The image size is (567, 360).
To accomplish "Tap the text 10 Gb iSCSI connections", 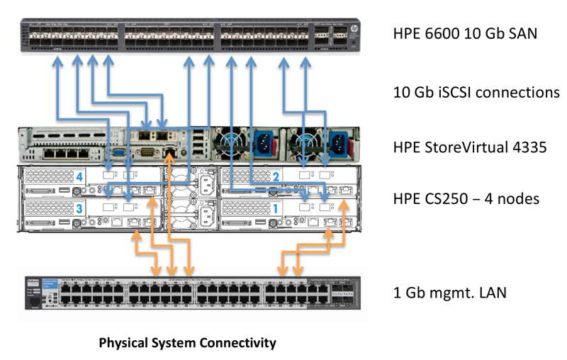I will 476,93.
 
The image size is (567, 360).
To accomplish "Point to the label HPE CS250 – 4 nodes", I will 466,198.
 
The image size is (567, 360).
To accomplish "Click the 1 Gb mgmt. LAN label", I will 449,292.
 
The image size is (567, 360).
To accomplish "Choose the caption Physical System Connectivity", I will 187,344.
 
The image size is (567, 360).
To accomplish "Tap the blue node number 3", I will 80,208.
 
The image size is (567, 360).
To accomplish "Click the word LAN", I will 491,292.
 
